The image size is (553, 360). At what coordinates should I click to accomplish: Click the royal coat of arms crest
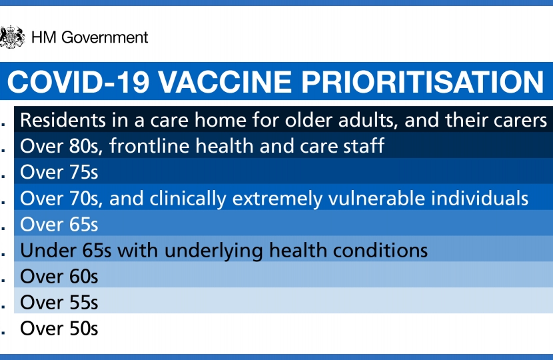click(x=13, y=37)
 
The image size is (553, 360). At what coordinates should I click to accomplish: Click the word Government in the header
click(x=105, y=37)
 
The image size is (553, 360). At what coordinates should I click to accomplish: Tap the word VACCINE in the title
click(x=225, y=82)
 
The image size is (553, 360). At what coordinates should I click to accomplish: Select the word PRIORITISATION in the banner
click(x=422, y=82)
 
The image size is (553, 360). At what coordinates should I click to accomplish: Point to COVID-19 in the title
click(x=79, y=82)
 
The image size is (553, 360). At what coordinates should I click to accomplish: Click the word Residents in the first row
click(x=63, y=120)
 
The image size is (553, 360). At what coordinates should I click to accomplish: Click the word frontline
click(x=149, y=146)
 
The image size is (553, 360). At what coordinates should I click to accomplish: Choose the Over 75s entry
click(x=59, y=172)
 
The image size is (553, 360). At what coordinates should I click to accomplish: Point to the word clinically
click(x=188, y=199)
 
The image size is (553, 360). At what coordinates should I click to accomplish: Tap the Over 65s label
click(x=59, y=225)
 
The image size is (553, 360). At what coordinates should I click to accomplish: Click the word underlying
click(x=214, y=251)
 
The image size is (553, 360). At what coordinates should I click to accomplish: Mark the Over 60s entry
click(x=59, y=277)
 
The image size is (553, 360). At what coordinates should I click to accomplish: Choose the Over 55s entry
click(x=59, y=303)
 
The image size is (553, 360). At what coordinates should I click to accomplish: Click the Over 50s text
click(x=59, y=329)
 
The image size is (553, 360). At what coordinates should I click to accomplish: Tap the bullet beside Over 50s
click(x=3, y=333)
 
